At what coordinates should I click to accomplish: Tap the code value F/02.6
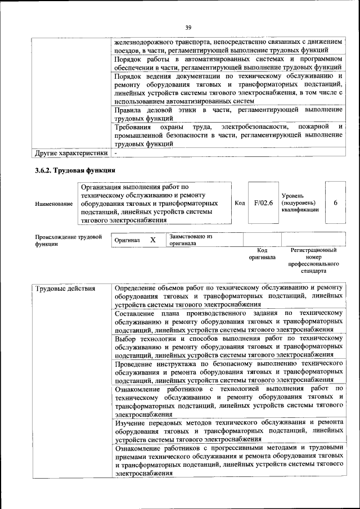pos(263,202)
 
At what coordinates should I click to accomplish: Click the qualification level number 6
pos(335,202)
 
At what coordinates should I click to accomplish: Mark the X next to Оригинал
pos(152,240)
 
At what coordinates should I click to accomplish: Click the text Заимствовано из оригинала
pos(190,240)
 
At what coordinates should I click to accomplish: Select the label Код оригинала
pos(262,254)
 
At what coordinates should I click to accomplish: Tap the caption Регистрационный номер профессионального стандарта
pos(313,260)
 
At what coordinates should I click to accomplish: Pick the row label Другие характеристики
pos(71,152)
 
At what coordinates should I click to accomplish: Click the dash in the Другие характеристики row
pos(116,152)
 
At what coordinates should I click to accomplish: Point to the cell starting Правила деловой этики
pos(228,114)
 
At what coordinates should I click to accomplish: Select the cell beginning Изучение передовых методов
pos(228,430)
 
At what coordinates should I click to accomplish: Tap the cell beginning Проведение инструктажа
pos(228,372)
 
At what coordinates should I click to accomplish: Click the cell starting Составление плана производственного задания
pos(228,321)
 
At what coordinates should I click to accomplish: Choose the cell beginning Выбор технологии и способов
pos(228,346)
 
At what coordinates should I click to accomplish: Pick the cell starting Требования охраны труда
pos(228,135)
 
